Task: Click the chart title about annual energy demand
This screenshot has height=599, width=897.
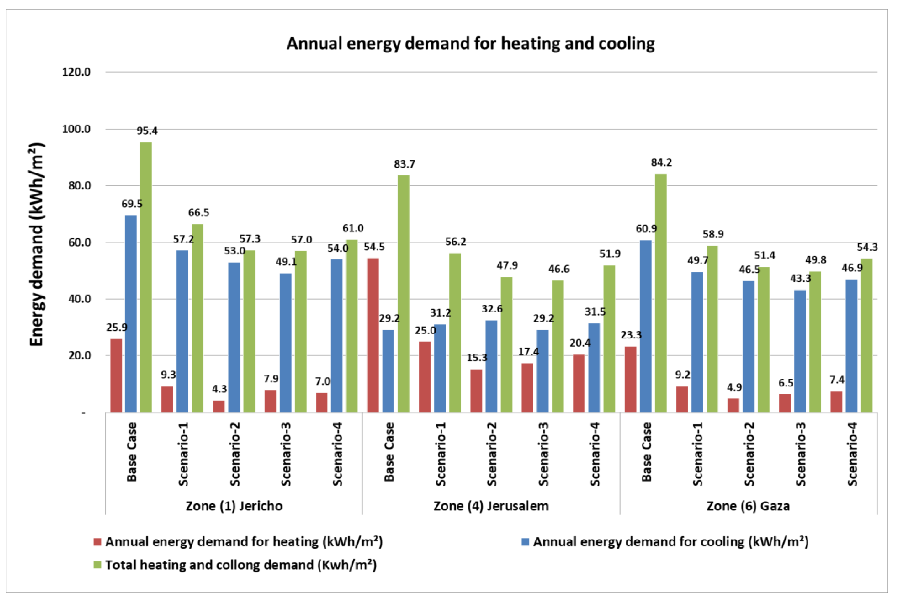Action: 470,43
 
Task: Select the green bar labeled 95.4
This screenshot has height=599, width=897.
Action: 146,277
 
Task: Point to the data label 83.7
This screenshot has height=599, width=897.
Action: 405,164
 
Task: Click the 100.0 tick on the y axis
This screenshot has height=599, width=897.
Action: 76,129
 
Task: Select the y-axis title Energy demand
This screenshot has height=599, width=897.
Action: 37,245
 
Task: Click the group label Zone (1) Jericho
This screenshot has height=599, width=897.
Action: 234,506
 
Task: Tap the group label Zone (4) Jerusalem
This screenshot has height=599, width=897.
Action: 491,506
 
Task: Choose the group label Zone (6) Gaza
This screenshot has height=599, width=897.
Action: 748,506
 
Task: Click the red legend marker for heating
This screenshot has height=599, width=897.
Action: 98,542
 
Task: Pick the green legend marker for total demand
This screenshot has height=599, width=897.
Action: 98,565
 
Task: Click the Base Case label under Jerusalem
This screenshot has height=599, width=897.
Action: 389,452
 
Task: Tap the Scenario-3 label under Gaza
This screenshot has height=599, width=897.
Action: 800,454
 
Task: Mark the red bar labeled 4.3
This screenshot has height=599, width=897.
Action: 219,406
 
